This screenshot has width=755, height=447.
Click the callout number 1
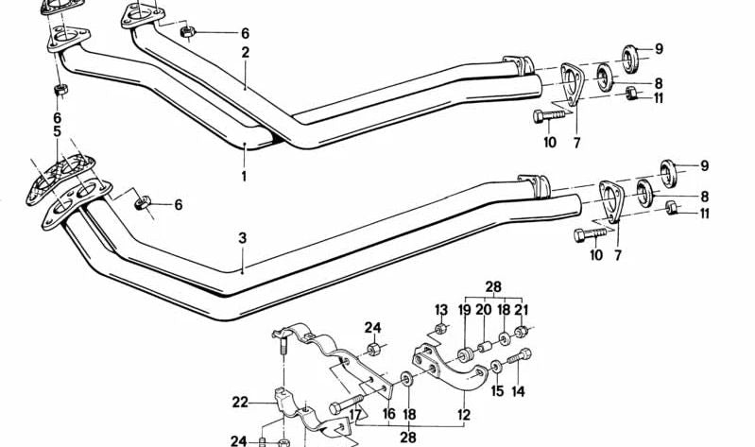[x=243, y=176]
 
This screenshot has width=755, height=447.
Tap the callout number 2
[x=245, y=53]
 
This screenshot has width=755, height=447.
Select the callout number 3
[x=242, y=238]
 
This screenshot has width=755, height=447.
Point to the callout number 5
[x=58, y=132]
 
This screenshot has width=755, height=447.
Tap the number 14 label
[x=518, y=390]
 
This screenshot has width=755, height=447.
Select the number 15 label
[x=497, y=390]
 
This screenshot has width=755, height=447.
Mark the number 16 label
[x=387, y=414]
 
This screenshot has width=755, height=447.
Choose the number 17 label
[x=355, y=413]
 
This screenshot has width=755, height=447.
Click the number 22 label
[x=241, y=402]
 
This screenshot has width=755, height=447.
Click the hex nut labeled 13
[x=440, y=331]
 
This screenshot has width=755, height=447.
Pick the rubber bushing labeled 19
[x=465, y=356]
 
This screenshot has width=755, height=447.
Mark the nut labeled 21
[x=522, y=331]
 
